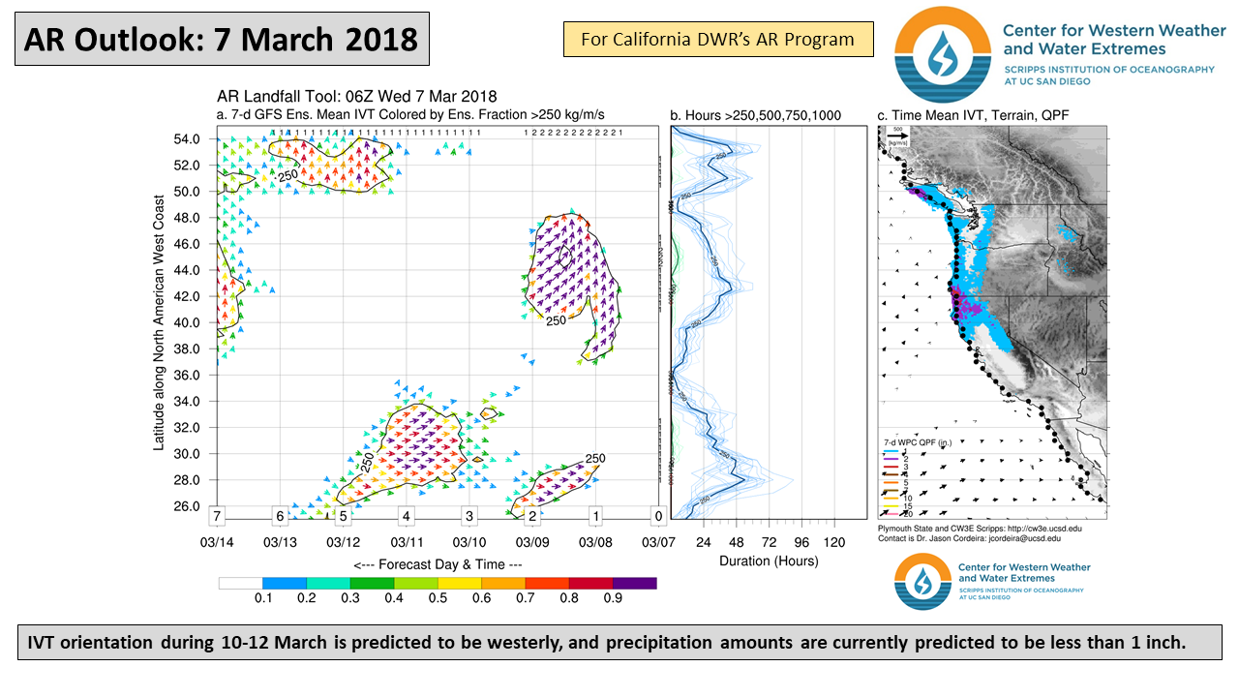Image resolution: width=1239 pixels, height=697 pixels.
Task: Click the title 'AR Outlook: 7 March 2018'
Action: pyautogui.click(x=221, y=39)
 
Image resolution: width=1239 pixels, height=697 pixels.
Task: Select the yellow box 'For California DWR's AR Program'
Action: pyautogui.click(x=717, y=40)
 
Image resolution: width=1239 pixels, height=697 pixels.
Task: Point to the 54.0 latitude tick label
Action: pyautogui.click(x=186, y=139)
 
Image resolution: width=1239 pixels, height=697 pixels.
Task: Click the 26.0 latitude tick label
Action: pyautogui.click(x=186, y=506)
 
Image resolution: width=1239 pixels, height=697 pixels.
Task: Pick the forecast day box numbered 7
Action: pyautogui.click(x=218, y=516)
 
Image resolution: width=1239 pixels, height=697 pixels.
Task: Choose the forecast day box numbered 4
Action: pyautogui.click(x=407, y=516)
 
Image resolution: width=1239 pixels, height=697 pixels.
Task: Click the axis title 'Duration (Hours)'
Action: pyautogui.click(x=769, y=561)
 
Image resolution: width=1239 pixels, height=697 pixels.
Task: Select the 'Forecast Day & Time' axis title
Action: pyautogui.click(x=438, y=564)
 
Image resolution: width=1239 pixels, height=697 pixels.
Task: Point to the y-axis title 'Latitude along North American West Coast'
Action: pyautogui.click(x=159, y=321)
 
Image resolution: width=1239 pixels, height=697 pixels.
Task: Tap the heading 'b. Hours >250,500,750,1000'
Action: pyautogui.click(x=755, y=116)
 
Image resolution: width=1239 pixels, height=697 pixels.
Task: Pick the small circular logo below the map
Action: pyautogui.click(x=923, y=582)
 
